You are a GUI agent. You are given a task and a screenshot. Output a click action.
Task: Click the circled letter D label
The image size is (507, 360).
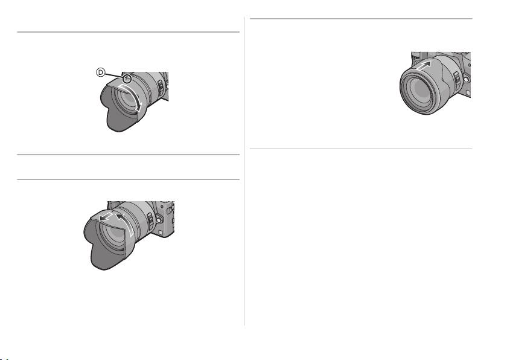tap(101, 72)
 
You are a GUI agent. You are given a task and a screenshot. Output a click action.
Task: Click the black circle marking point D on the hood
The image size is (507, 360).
tap(128, 78)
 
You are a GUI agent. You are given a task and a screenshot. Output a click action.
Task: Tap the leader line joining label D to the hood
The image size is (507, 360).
tap(115, 75)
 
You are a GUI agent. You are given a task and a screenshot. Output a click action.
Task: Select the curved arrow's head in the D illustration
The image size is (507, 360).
tap(139, 108)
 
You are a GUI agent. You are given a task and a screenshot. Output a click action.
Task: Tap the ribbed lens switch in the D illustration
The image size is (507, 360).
tap(161, 86)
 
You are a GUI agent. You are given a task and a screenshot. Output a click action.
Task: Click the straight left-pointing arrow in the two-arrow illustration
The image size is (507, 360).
tap(106, 217)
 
